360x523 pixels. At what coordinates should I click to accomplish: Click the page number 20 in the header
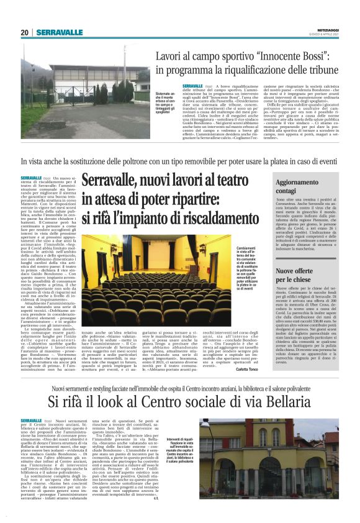tap(25, 32)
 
